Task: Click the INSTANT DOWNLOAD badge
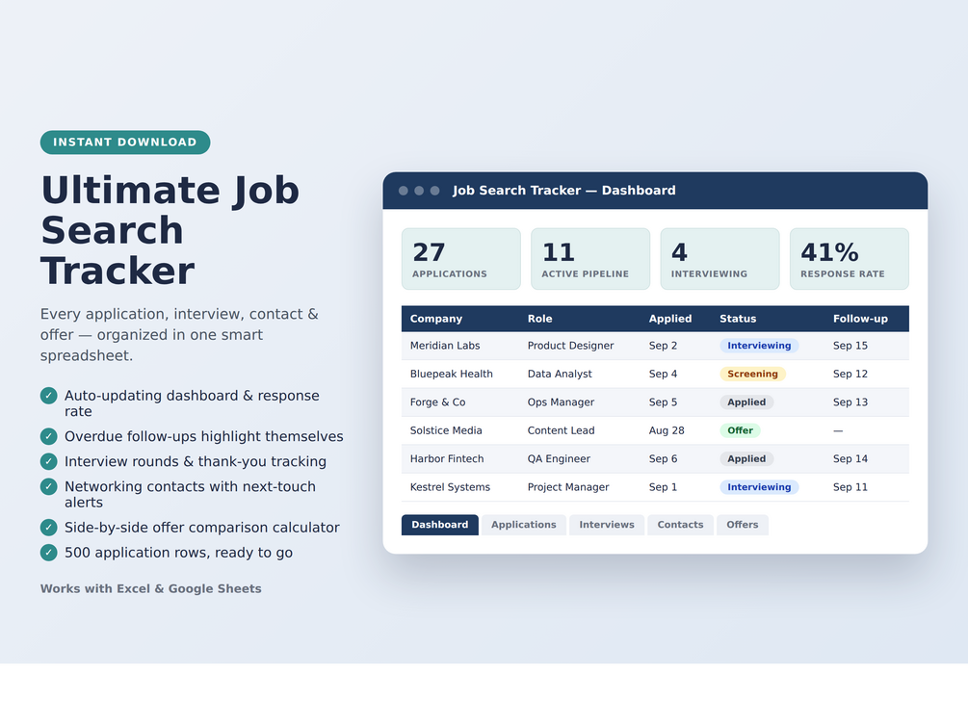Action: tap(125, 142)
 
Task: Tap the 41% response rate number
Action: tap(829, 252)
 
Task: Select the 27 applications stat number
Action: tap(429, 252)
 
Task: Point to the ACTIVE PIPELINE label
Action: tap(586, 274)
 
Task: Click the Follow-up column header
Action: tap(860, 319)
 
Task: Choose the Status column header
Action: tap(738, 319)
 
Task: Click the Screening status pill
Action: tap(752, 374)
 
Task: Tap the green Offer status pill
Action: tap(740, 430)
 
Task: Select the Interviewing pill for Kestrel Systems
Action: tap(759, 487)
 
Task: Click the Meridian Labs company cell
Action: tap(444, 346)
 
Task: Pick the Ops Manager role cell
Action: tap(561, 402)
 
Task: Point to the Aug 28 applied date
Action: tap(667, 430)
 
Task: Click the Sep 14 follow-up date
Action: tap(850, 458)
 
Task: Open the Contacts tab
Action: tap(680, 525)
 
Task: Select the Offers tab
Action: tap(742, 525)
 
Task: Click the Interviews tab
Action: tap(606, 525)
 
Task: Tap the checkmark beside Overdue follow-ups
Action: tap(49, 436)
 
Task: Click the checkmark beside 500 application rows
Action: tap(49, 553)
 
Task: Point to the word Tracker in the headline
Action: tap(118, 271)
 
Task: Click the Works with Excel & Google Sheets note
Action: tap(150, 589)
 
